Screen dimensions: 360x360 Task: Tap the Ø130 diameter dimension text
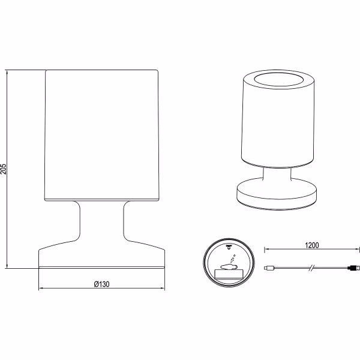pyautogui.click(x=102, y=284)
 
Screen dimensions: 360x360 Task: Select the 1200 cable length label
pyautogui.click(x=312, y=245)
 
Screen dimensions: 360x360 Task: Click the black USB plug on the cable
pyautogui.click(x=354, y=268)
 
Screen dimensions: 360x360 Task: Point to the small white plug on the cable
pyautogui.click(x=269, y=268)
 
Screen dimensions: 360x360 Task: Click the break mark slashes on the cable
pyautogui.click(x=311, y=268)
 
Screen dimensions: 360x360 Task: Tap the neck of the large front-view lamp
pyautogui.click(x=102, y=221)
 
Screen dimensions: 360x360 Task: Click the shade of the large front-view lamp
pyautogui.click(x=101, y=136)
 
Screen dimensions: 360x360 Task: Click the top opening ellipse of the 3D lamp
pyautogui.click(x=278, y=79)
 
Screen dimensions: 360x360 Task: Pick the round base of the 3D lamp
pyautogui.click(x=277, y=193)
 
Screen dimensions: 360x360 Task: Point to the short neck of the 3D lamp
pyautogui.click(x=277, y=173)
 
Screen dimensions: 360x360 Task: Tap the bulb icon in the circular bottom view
pyautogui.click(x=229, y=267)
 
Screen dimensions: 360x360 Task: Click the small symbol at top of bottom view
pyautogui.click(x=229, y=247)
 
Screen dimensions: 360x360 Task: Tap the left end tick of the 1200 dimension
pyautogui.click(x=265, y=250)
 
